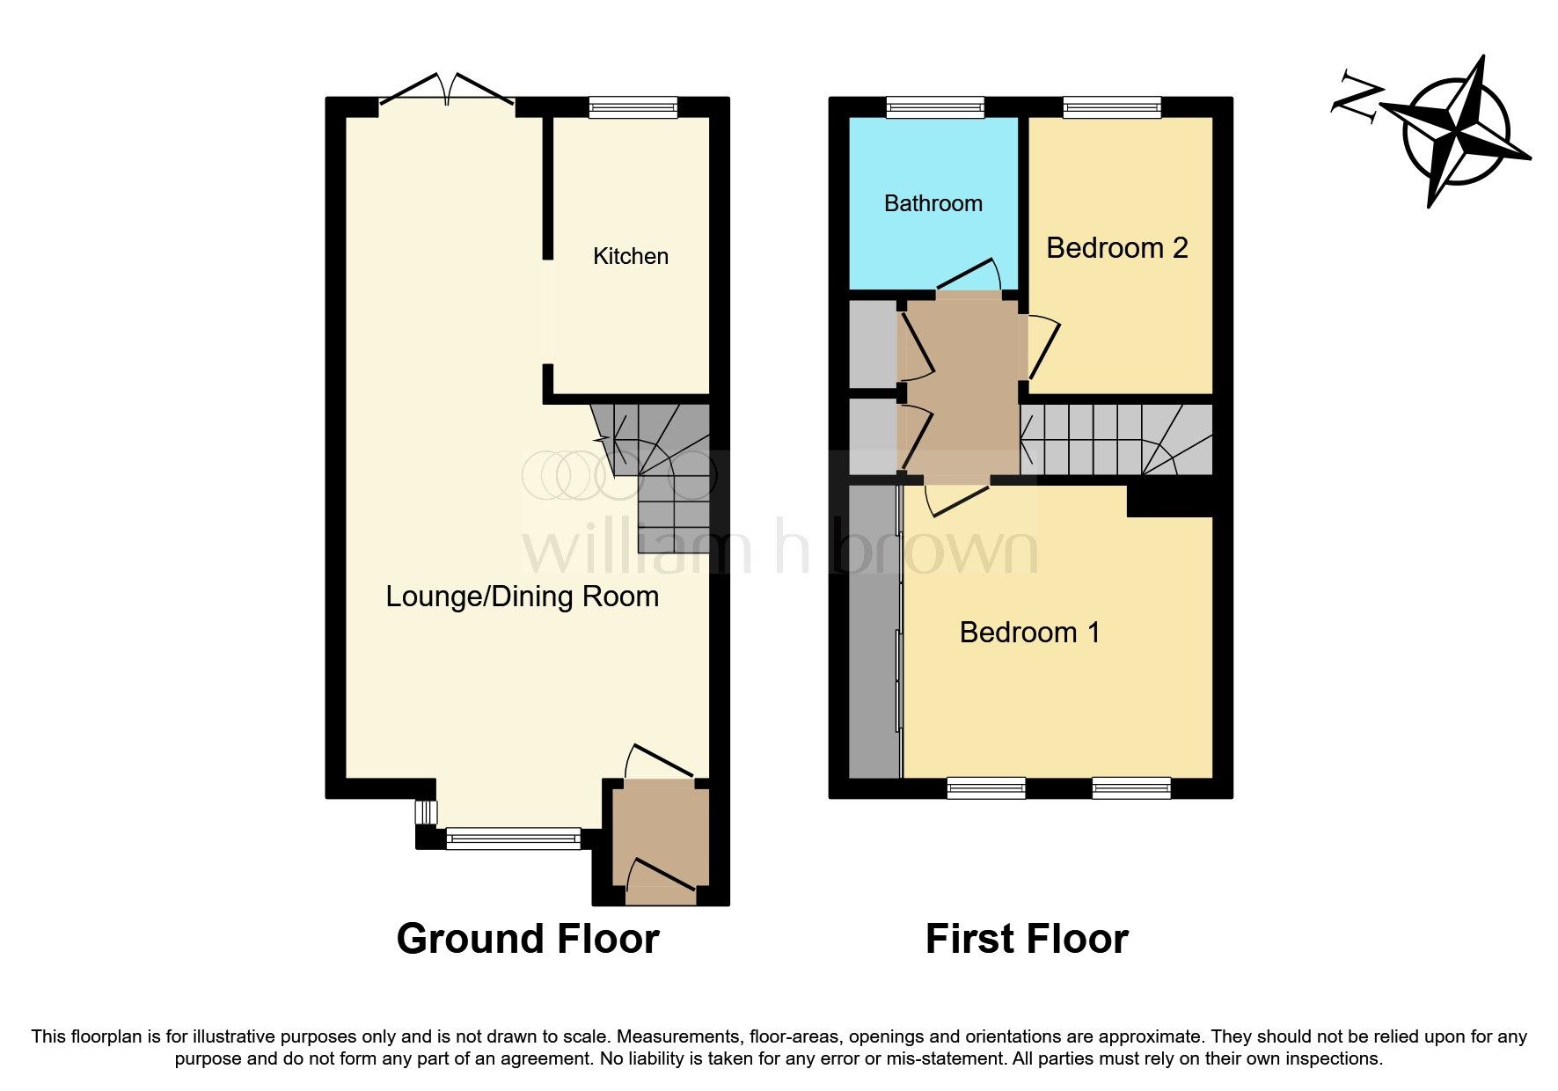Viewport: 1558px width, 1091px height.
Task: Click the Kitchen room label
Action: pos(630,256)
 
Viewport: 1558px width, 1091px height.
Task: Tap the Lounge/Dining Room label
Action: pos(522,597)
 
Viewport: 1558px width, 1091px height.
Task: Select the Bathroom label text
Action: pos(933,203)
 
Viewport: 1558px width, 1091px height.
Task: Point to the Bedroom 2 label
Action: pos(1116,248)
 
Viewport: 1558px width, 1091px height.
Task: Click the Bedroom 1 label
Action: pos(1029,632)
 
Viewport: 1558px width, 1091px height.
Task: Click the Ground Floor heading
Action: pos(527,939)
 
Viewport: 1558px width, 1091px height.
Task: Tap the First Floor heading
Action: pos(1026,939)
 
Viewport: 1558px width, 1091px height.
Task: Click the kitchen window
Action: pos(633,107)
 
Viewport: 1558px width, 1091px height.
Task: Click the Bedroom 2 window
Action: pos(1112,107)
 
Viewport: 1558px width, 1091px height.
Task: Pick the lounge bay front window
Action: pos(513,838)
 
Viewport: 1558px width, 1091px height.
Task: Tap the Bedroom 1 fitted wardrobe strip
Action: pos(874,629)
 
